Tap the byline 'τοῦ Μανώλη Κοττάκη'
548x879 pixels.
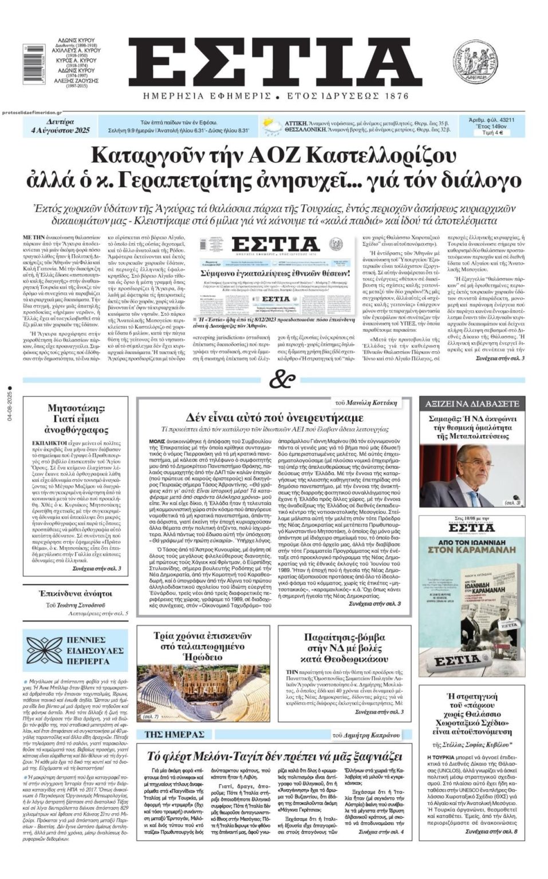372,403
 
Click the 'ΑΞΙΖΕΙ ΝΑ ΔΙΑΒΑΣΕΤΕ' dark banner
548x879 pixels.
472,403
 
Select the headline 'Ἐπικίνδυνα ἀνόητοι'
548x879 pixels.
75,593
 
